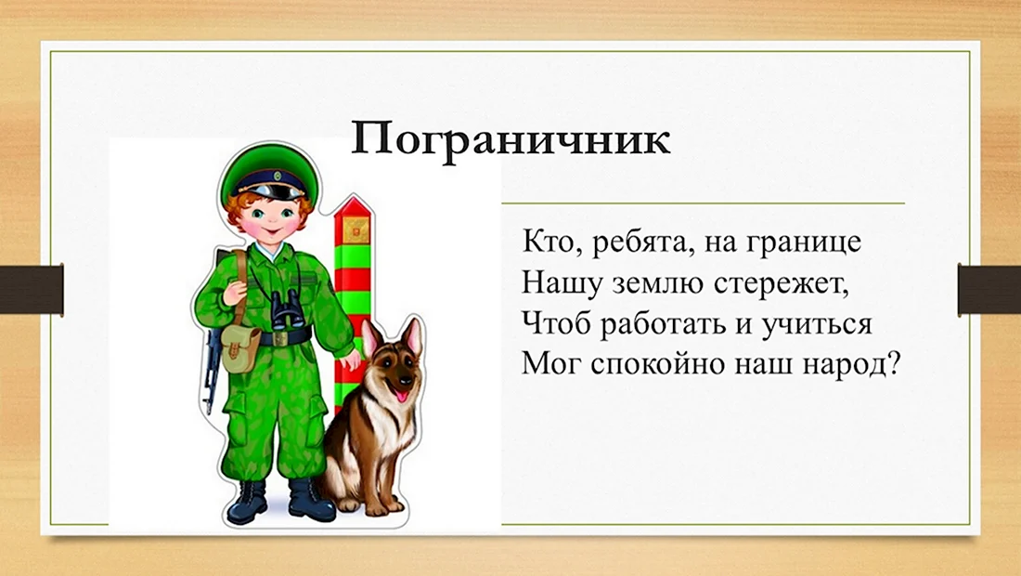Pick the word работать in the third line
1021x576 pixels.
tap(664, 324)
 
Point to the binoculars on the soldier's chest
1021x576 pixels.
tap(287, 308)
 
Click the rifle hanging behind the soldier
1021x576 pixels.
tap(212, 365)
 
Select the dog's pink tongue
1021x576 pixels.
tap(403, 394)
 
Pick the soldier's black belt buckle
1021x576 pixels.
tap(280, 338)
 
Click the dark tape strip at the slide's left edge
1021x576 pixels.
tap(32, 289)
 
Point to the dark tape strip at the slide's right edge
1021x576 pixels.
tap(989, 289)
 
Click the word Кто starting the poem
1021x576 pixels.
tap(546, 242)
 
